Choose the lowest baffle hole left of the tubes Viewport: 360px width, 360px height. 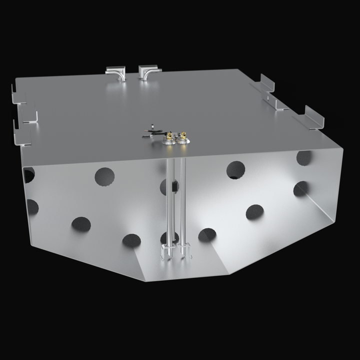coord(131,240)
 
